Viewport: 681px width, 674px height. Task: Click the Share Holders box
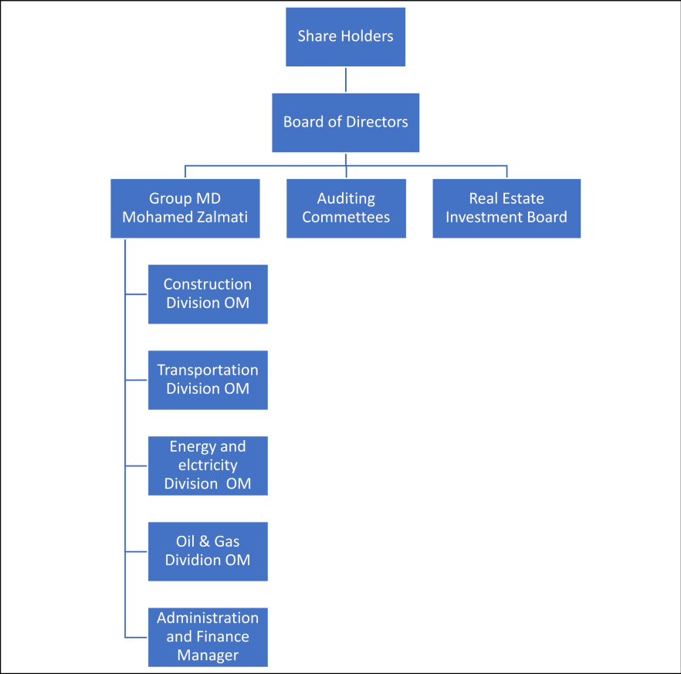pyautogui.click(x=345, y=36)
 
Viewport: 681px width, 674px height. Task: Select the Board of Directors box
pyautogui.click(x=345, y=122)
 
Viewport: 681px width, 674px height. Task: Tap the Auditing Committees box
pyautogui.click(x=346, y=208)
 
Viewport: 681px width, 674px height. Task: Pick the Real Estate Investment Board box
pyautogui.click(x=506, y=208)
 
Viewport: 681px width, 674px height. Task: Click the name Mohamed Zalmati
pyautogui.click(x=185, y=217)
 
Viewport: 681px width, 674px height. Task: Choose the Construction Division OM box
pyautogui.click(x=208, y=293)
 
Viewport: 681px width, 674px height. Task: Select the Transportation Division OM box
pyautogui.click(x=208, y=379)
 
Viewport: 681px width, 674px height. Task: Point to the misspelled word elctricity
pyautogui.click(x=208, y=466)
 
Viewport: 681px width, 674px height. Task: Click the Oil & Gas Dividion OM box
pyautogui.click(x=208, y=551)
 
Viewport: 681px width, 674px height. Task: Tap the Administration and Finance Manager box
pyautogui.click(x=208, y=637)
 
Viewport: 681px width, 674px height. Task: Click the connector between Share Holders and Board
pyautogui.click(x=345, y=80)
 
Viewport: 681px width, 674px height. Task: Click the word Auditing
pyautogui.click(x=346, y=199)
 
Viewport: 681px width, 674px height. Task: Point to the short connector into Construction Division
pyautogui.click(x=136, y=294)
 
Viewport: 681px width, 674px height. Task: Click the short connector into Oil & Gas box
pyautogui.click(x=136, y=551)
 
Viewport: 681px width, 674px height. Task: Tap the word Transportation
pyautogui.click(x=208, y=370)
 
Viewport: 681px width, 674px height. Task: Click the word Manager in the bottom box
pyautogui.click(x=208, y=655)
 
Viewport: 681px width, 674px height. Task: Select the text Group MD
pyautogui.click(x=185, y=199)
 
